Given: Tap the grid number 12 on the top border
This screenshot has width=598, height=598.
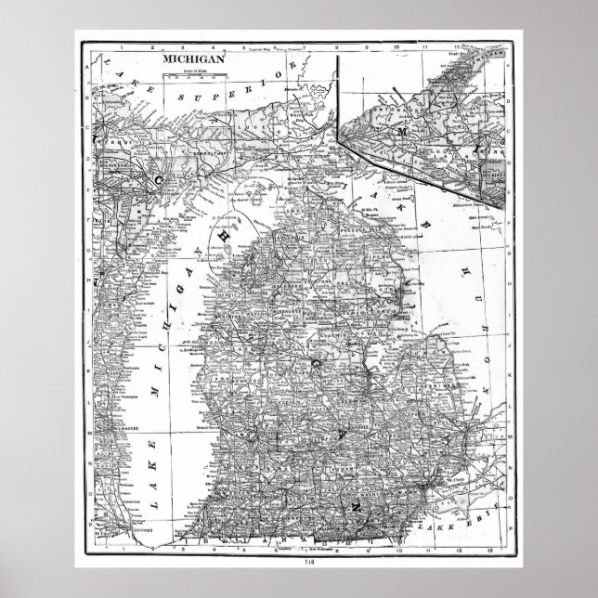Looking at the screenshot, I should (x=460, y=44).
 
